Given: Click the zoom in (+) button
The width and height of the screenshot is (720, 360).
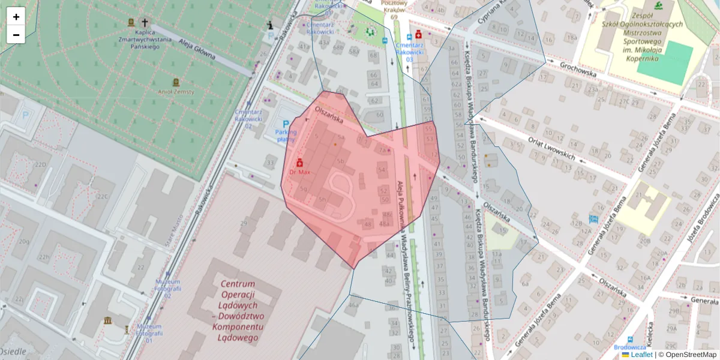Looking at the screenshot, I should tap(16, 17).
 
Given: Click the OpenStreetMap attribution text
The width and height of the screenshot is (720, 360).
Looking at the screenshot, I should tap(690, 355).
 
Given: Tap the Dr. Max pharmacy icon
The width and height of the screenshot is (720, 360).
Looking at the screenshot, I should tap(299, 163).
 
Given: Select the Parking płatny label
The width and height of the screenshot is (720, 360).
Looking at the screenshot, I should tap(286, 136).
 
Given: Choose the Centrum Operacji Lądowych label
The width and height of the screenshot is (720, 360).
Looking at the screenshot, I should tap(238, 310).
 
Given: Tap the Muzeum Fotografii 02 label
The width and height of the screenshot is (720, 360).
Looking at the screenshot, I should tap(167, 289).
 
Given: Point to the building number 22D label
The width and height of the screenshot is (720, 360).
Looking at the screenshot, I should tap(40, 164).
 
